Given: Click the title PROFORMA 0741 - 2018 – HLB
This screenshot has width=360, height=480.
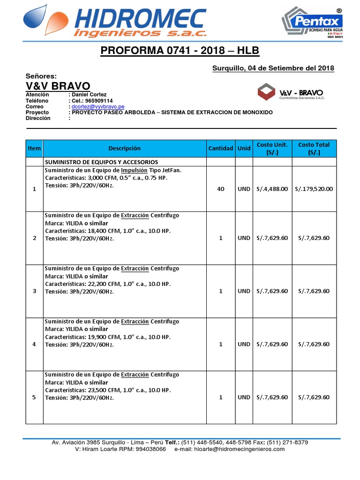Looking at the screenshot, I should (x=180, y=51).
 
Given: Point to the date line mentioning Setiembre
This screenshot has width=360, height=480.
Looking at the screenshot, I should (x=273, y=68).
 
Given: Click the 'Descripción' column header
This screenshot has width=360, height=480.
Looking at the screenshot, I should (x=124, y=148).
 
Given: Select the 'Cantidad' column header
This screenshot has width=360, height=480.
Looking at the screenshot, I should (x=220, y=148).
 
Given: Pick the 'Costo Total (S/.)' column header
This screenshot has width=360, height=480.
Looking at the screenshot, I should (x=314, y=148).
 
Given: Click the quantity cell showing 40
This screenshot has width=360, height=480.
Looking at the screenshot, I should (x=220, y=189).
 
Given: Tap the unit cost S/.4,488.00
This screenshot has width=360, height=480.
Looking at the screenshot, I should (x=272, y=189).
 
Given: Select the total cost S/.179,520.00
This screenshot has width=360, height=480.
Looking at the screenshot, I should (x=314, y=189).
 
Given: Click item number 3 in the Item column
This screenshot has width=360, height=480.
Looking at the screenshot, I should (x=34, y=291).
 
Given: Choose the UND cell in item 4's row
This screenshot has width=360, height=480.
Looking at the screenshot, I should (x=244, y=344).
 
